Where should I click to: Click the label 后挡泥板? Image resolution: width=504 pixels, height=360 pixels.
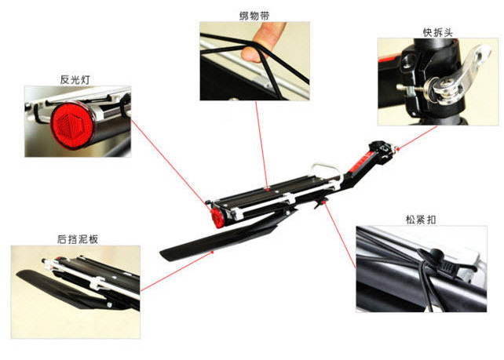click(x=76, y=239)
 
